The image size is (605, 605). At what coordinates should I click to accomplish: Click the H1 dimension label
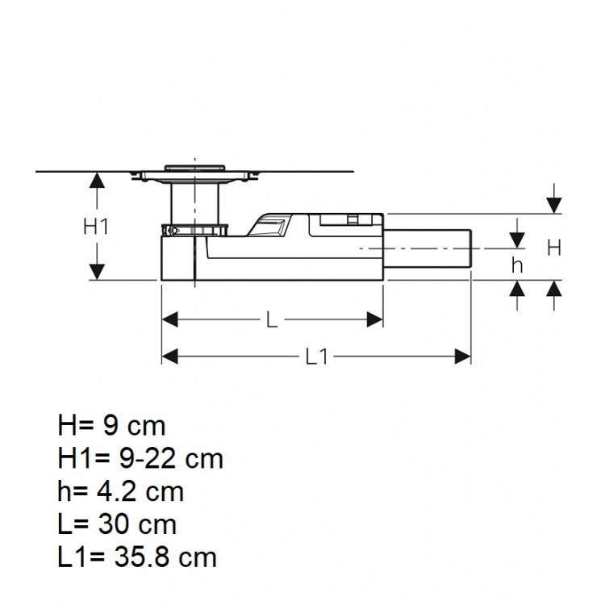coord(96,227)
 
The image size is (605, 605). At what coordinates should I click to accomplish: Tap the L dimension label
coord(272,320)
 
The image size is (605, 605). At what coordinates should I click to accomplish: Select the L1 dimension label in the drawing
coord(316,356)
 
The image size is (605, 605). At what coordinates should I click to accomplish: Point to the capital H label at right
coord(554,248)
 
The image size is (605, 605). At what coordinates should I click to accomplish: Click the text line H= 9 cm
coord(111,426)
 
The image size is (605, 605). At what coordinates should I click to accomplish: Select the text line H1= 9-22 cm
coord(140,458)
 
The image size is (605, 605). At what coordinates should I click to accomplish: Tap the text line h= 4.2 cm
coord(120,490)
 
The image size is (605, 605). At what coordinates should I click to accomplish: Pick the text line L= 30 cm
coord(117,524)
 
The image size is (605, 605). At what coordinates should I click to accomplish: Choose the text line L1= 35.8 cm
coord(136,557)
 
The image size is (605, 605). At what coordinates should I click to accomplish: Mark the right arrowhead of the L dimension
coord(375,320)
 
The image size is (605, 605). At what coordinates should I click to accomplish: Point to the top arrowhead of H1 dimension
coord(96,180)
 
